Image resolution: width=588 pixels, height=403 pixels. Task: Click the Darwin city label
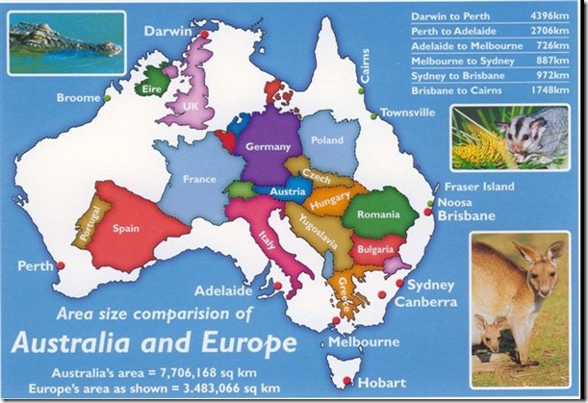click(169, 31)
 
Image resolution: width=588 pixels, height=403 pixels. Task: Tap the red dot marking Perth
click(61, 266)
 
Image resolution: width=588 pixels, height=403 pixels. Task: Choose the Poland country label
click(327, 140)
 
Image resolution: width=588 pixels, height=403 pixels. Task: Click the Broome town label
click(78, 97)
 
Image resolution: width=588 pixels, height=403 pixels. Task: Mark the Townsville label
click(407, 113)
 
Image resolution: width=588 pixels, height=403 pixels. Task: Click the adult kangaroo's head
click(540, 257)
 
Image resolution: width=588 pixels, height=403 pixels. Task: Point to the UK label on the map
click(191, 106)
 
